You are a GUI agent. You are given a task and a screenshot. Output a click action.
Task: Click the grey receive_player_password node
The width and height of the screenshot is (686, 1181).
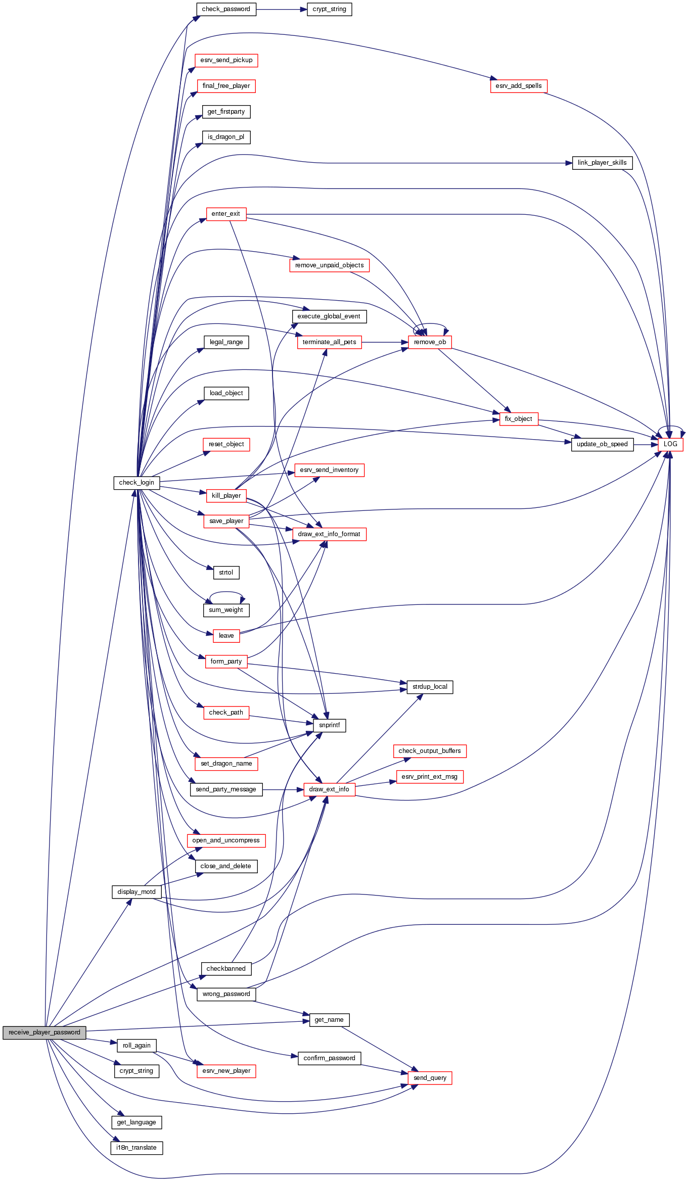[44, 1032]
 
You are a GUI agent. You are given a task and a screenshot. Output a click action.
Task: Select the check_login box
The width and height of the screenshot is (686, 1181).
[136, 483]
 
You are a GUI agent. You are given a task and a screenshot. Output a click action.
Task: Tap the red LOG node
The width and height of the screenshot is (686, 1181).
[670, 444]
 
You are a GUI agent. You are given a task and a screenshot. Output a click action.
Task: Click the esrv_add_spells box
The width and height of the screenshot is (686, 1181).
[519, 86]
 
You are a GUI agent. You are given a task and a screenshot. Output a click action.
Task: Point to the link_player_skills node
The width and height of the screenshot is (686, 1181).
[602, 163]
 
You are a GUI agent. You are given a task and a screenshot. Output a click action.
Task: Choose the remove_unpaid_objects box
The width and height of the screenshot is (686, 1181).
[329, 265]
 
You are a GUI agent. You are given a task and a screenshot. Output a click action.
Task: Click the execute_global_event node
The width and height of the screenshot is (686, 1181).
[329, 316]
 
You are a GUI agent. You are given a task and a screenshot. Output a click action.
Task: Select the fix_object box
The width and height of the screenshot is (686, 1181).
[519, 419]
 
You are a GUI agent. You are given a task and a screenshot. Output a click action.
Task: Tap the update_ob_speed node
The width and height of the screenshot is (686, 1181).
[602, 444]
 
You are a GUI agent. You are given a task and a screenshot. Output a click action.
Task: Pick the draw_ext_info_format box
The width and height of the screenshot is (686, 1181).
[329, 534]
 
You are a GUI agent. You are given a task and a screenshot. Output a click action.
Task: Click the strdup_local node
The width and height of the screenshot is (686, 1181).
[430, 687]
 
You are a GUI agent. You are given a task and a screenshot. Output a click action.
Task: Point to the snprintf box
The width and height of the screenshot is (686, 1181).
[330, 725]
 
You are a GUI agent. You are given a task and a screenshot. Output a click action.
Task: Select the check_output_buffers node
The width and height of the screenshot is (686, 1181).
[430, 751]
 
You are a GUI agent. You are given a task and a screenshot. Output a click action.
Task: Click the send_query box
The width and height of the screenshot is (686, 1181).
[430, 1078]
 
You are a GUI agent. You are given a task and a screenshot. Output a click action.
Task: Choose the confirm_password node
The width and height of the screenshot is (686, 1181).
[329, 1058]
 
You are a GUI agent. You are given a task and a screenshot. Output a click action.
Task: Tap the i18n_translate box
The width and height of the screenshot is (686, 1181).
[136, 1148]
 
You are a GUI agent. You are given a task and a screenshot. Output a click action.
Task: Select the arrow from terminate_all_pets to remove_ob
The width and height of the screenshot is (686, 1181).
[384, 342]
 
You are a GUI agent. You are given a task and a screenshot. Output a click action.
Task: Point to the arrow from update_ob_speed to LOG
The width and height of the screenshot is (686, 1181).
[646, 444]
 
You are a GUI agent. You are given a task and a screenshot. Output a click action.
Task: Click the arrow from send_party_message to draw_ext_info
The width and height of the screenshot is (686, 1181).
[283, 789]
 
